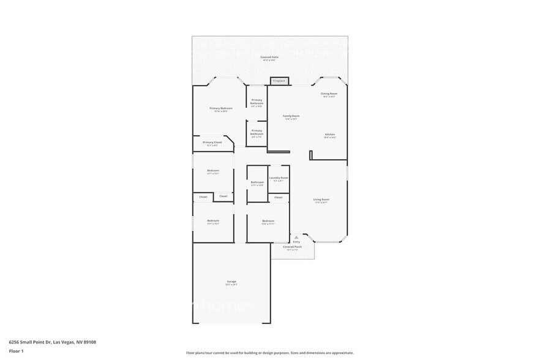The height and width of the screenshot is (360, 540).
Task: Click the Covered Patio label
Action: (x=270, y=57)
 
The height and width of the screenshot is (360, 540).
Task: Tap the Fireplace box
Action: (x=279, y=81)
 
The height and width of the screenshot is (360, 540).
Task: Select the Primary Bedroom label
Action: (x=221, y=108)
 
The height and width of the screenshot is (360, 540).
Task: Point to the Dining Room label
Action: (x=330, y=94)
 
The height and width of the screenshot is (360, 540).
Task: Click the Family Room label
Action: (x=291, y=116)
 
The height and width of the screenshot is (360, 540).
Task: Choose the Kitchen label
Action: (x=330, y=135)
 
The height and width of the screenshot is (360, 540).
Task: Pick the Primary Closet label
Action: (x=212, y=143)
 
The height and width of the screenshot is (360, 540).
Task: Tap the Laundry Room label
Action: (x=279, y=178)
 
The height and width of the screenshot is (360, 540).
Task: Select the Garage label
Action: (x=231, y=282)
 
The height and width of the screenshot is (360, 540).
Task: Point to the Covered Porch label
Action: (x=292, y=247)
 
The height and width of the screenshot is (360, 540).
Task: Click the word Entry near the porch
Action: (x=296, y=242)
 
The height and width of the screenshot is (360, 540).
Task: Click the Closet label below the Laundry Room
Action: (x=278, y=197)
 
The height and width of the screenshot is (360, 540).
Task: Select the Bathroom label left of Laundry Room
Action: (x=257, y=182)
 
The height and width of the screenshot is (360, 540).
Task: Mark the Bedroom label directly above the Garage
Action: (x=213, y=221)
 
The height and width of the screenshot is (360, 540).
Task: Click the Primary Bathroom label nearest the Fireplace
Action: (x=257, y=101)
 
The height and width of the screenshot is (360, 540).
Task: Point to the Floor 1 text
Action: (x=16, y=351)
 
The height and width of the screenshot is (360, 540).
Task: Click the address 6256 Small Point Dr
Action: (x=30, y=342)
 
